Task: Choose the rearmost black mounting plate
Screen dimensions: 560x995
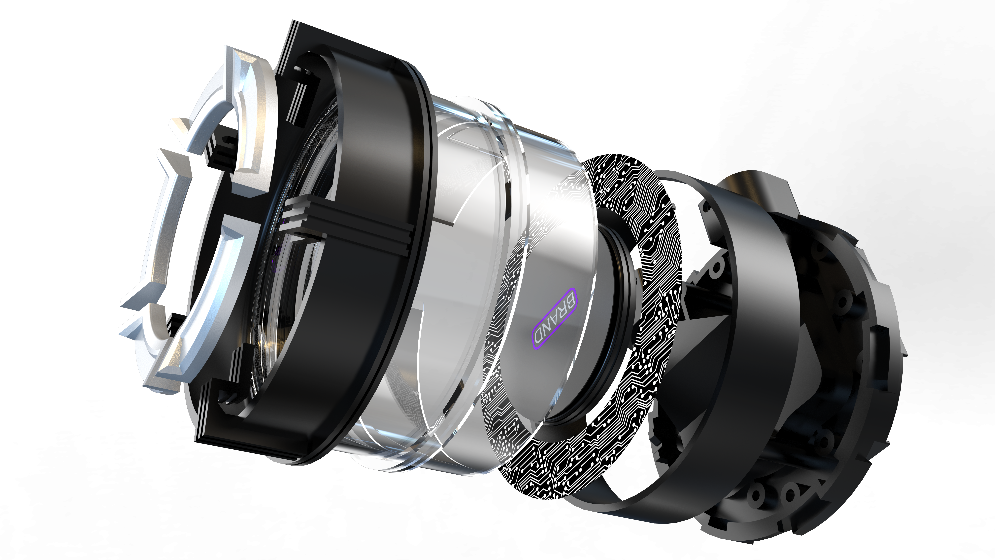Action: pos(869,386)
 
